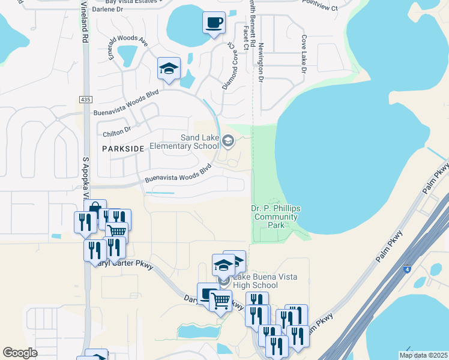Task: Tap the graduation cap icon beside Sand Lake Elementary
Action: pyautogui.click(x=228, y=142)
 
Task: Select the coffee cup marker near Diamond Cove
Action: pyautogui.click(x=214, y=23)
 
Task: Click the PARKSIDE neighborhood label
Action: pyautogui.click(x=123, y=148)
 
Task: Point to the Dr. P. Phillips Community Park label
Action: pyautogui.click(x=276, y=217)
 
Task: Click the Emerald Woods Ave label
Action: pyautogui.click(x=127, y=47)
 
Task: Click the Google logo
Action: pyautogui.click(x=20, y=353)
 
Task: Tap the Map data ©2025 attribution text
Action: pyautogui.click(x=422, y=355)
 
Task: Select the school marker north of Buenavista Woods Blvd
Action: pyautogui.click(x=169, y=68)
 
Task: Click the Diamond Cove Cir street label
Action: pyautogui.click(x=230, y=69)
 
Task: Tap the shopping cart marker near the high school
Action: pyautogui.click(x=221, y=299)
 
